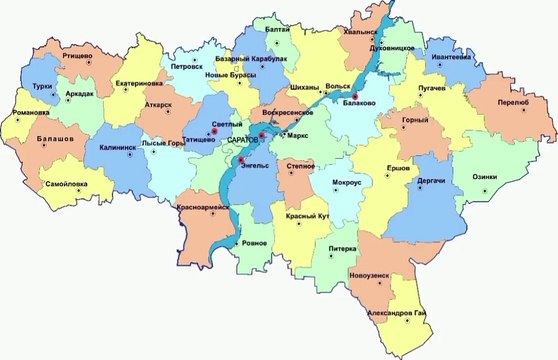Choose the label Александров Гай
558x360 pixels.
404,315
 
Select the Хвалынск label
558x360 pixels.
362,31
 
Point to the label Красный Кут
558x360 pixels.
306,217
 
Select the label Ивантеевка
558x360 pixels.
452,57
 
